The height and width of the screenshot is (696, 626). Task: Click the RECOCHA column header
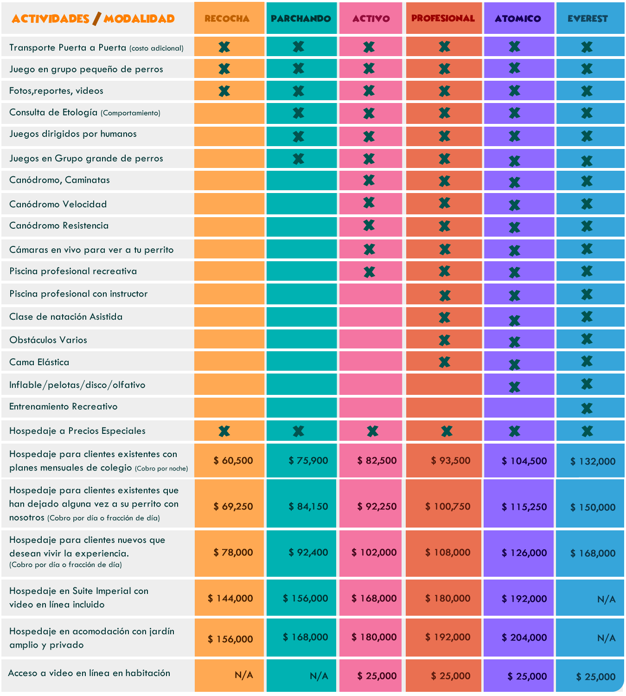pos(227,19)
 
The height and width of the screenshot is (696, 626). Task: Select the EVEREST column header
pos(588,19)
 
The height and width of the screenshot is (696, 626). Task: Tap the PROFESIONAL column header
pos(443,19)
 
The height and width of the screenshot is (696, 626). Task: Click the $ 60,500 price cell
pos(233,461)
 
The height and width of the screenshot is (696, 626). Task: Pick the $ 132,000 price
pos(593,461)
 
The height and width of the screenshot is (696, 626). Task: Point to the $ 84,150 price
pos(308,506)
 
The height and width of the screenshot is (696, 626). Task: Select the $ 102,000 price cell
pos(374,552)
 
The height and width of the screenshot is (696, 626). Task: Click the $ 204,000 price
pos(524,638)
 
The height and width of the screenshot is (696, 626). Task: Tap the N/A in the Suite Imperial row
pos(606,599)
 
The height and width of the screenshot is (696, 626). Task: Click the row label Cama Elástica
pos(39,362)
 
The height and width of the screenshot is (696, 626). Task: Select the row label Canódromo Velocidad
pos(58,204)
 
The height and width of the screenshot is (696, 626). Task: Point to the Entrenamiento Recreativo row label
pos(64,406)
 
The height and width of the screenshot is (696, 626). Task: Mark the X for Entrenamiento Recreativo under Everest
pos(587,408)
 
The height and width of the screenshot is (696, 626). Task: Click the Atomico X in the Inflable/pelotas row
pos(514,387)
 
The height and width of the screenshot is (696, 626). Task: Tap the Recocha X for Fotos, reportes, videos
pos(224,91)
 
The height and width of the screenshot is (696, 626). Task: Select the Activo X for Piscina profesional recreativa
pos(369,271)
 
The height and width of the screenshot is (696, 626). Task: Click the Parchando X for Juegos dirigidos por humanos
pos(298,136)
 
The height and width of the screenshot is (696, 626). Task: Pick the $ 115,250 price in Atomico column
pos(524,507)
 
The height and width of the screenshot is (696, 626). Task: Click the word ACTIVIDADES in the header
pos(51,19)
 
